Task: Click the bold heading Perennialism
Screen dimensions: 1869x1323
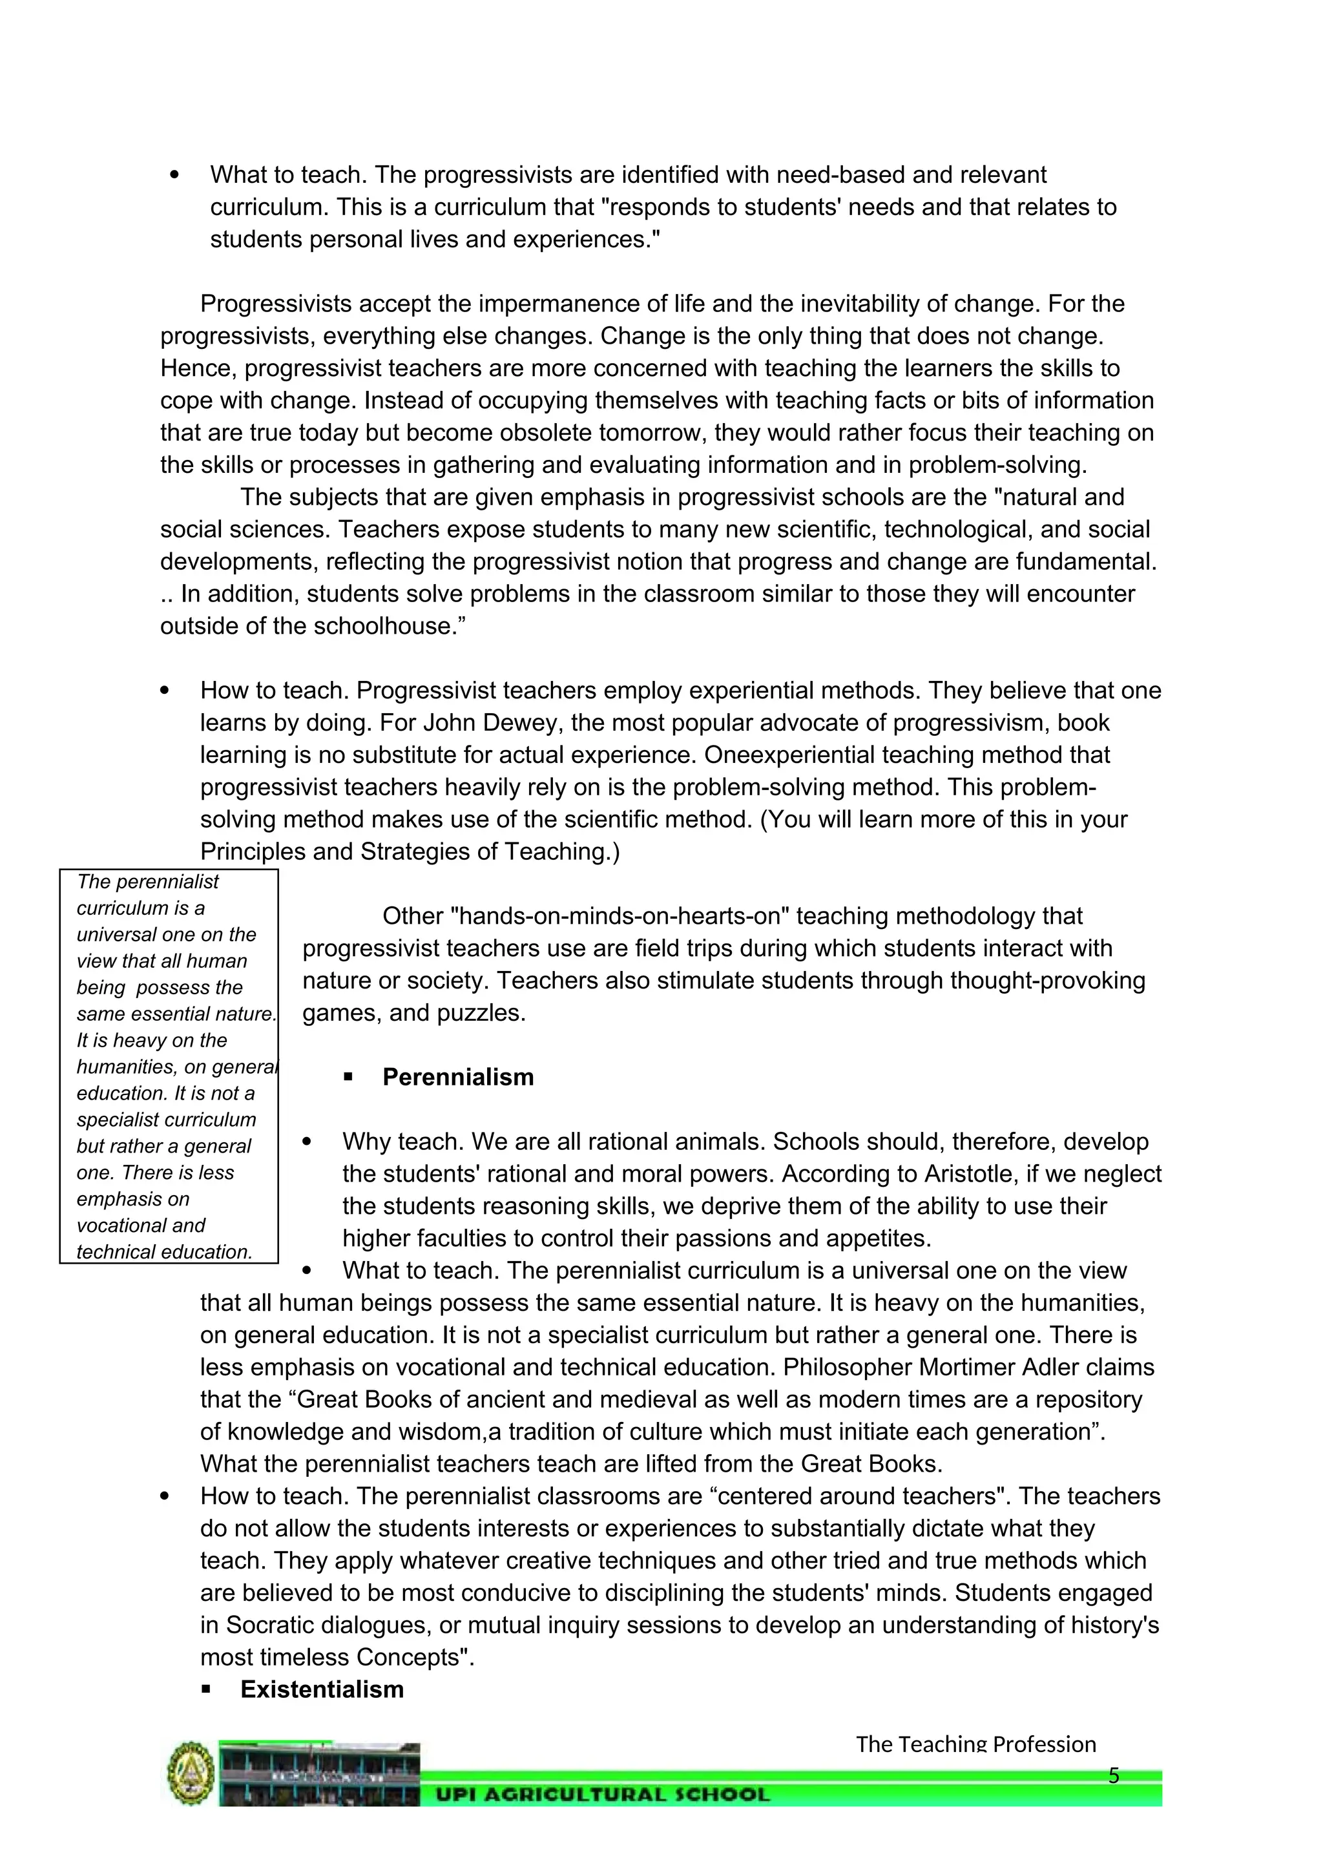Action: tap(458, 1077)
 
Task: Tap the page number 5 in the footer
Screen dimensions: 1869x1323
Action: tap(1114, 1775)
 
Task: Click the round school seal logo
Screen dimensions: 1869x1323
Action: tap(191, 1773)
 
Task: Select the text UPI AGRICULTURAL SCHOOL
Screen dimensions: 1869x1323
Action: tap(602, 1794)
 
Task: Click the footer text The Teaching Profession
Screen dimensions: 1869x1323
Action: tap(975, 1744)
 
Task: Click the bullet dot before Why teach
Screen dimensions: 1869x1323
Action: tap(307, 1142)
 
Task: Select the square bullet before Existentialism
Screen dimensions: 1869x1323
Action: tap(206, 1690)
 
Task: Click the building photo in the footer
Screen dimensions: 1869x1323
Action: tap(318, 1773)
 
